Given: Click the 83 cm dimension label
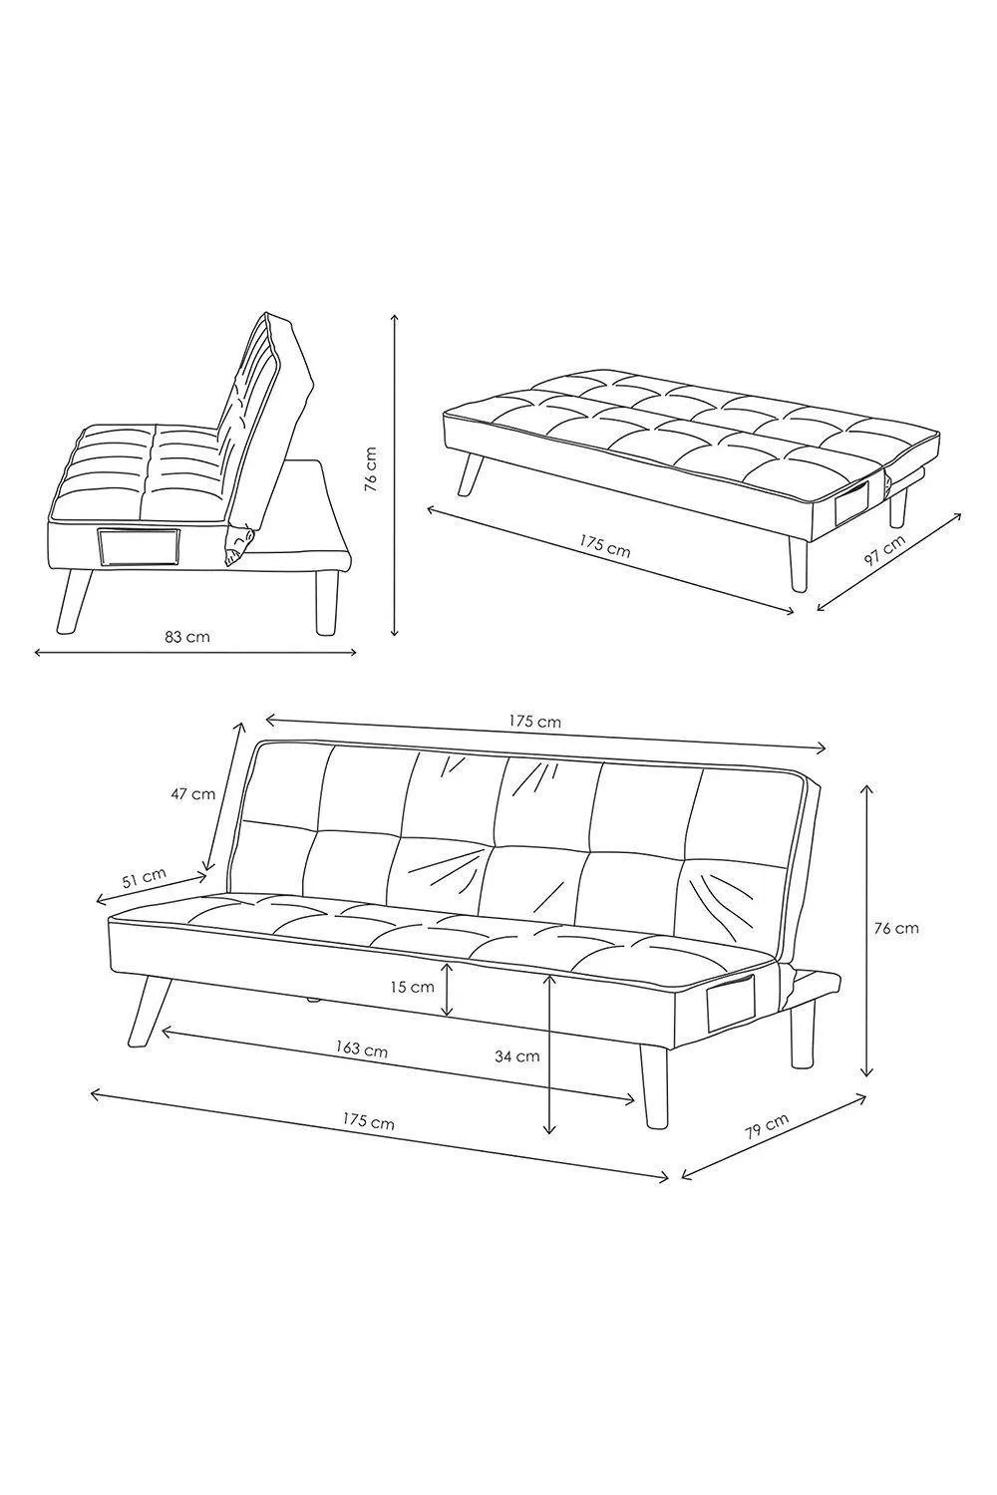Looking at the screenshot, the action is pyautogui.click(x=187, y=637).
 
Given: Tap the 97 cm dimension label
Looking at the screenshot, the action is pyautogui.click(x=884, y=550).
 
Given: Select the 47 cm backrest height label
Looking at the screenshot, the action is pyautogui.click(x=192, y=793).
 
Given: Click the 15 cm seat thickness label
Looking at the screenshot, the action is pyautogui.click(x=412, y=987).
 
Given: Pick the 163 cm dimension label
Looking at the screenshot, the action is pyautogui.click(x=362, y=1049).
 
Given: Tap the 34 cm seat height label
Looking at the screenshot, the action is pyautogui.click(x=516, y=1056).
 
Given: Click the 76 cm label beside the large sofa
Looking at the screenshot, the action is pyautogui.click(x=896, y=928).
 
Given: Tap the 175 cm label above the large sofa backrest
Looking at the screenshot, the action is pyautogui.click(x=535, y=722).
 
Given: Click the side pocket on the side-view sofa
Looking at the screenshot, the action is pyautogui.click(x=139, y=547).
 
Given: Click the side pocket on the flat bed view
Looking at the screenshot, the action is pyautogui.click(x=857, y=501).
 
